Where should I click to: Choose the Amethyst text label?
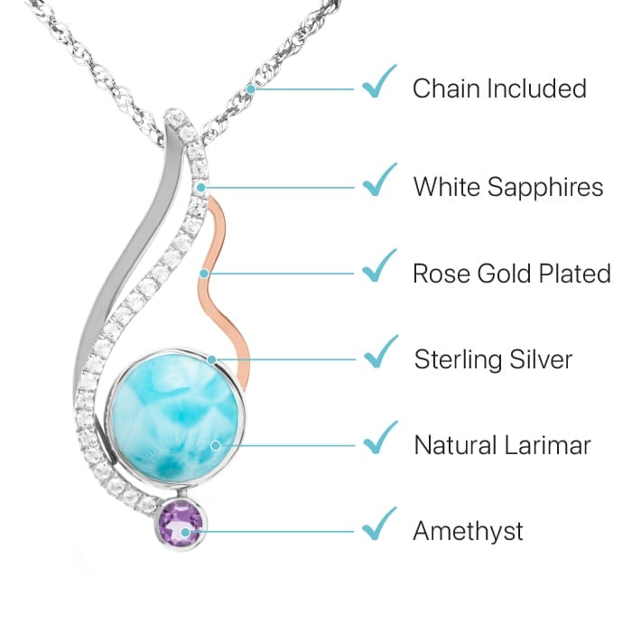pyautogui.click(x=468, y=531)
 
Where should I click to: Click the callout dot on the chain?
pyautogui.click(x=251, y=88)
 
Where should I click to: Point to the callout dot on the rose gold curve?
pyautogui.click(x=205, y=273)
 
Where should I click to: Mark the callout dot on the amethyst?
pyautogui.click(x=186, y=532)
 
